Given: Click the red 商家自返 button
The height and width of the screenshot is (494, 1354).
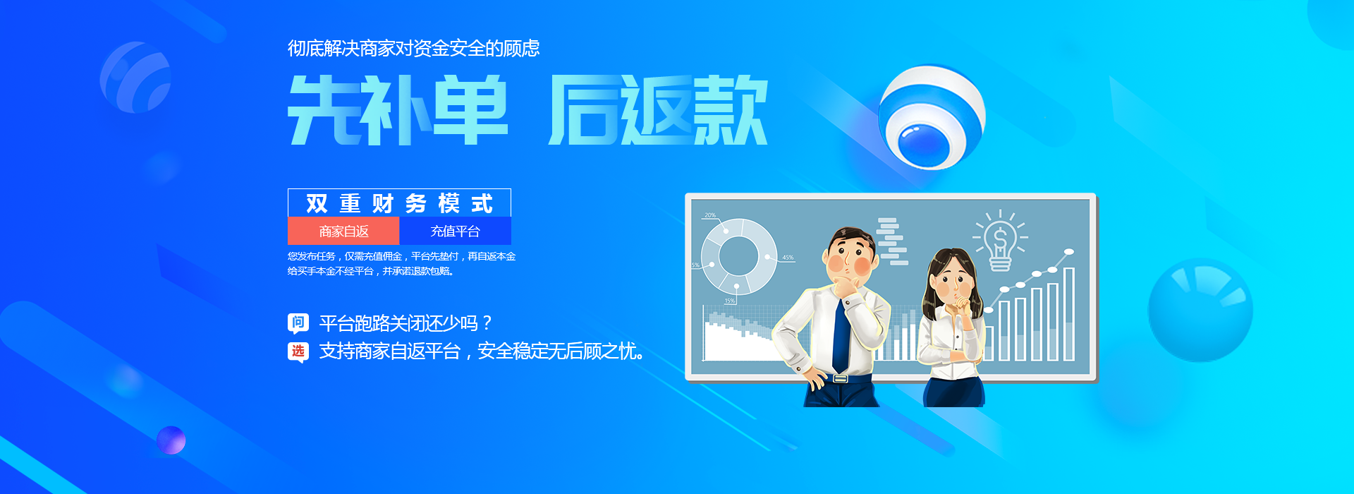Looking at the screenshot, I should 343,231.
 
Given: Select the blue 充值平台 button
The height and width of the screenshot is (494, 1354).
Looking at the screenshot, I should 455,231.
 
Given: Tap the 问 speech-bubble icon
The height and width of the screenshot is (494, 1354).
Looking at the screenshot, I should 298,323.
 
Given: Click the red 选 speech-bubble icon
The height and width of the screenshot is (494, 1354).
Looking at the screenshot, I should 298,351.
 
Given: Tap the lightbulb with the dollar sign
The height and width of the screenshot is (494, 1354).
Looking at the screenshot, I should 1000,242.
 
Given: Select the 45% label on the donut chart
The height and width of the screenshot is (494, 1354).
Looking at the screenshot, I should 788,258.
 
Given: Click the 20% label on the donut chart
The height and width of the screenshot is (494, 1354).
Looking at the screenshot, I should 709,215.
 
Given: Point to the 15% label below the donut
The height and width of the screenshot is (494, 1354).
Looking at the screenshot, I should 729,301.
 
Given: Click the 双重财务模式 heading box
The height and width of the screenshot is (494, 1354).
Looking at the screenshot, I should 399,203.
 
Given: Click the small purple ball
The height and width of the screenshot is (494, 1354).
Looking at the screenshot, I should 171,440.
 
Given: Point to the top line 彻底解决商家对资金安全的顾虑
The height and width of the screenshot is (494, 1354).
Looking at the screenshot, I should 413,49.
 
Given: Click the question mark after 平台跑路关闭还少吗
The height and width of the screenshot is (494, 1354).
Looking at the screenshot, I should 487,324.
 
